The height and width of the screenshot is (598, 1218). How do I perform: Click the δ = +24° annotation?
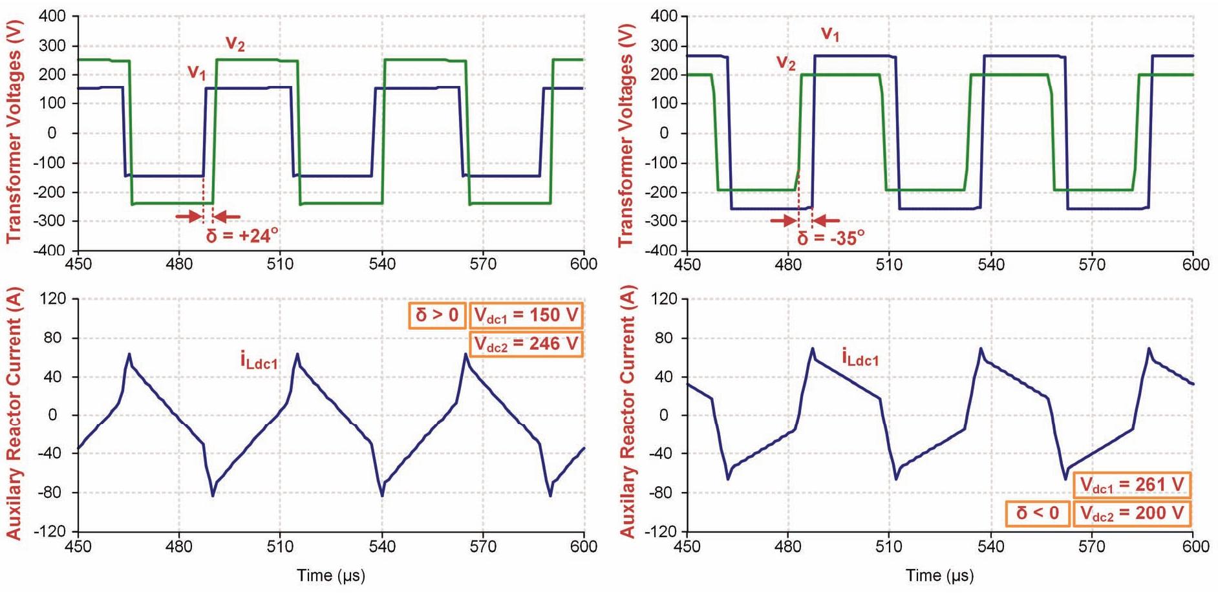tap(242, 235)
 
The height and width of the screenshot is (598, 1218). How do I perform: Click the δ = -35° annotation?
tap(831, 238)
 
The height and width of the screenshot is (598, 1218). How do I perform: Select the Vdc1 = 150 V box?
tap(526, 315)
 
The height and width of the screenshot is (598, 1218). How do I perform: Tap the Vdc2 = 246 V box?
tap(526, 344)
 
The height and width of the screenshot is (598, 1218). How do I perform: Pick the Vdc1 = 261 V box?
tap(1132, 485)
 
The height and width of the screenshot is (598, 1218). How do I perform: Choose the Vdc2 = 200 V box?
tap(1132, 513)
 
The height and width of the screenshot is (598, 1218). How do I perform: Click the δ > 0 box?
tap(437, 315)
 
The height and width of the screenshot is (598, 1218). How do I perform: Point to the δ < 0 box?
tap(1038, 513)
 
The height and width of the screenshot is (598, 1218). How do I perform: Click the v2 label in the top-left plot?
tap(235, 43)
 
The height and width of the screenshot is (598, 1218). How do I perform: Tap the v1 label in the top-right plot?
tap(830, 34)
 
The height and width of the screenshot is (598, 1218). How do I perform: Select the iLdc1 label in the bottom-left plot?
tap(259, 361)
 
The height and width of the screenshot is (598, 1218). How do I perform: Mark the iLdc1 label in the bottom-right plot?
tap(860, 357)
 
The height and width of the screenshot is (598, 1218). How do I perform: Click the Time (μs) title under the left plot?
tap(331, 575)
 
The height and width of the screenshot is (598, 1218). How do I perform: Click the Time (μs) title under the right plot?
tap(939, 575)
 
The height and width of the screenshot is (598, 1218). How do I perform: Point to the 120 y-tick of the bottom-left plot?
tap(53, 299)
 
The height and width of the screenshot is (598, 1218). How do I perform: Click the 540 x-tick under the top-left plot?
tap(382, 264)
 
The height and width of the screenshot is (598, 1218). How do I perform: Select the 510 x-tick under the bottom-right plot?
tap(888, 546)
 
